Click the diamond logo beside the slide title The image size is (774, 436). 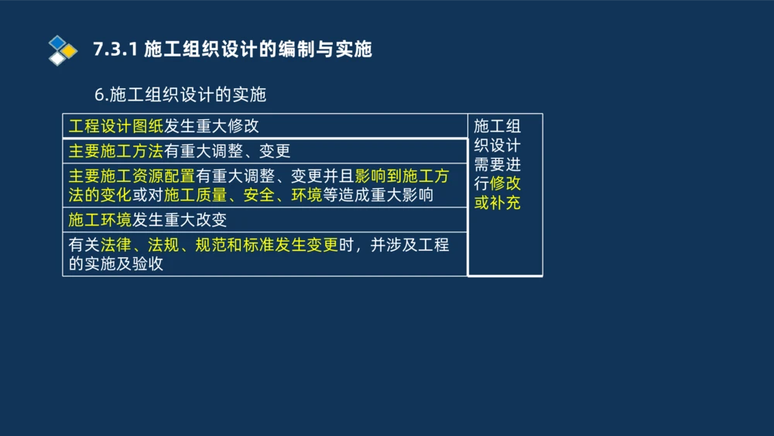click(x=62, y=50)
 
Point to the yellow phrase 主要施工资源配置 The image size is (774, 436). click(x=132, y=175)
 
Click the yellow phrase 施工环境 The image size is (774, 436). click(x=100, y=221)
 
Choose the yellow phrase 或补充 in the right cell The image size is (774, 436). click(x=497, y=204)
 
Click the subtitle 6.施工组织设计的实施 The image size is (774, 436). click(x=180, y=94)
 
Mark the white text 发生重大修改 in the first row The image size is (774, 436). click(x=211, y=126)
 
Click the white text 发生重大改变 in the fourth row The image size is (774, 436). click(x=179, y=221)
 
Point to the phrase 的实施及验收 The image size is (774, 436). click(x=116, y=264)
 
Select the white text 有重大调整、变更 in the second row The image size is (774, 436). click(x=227, y=151)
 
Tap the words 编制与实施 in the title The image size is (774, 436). click(x=325, y=50)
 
